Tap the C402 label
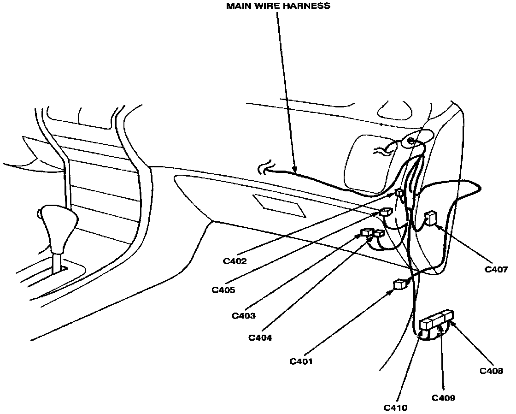click(x=235, y=261)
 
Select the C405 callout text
click(x=223, y=290)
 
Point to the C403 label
click(x=244, y=316)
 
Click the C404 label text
click(x=260, y=338)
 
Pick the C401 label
click(x=301, y=361)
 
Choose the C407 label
click(x=496, y=269)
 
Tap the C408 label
click(x=492, y=371)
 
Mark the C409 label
click(x=444, y=397)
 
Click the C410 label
click(x=396, y=408)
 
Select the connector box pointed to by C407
click(x=431, y=218)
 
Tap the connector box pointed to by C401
click(x=399, y=284)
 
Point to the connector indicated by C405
click(x=385, y=213)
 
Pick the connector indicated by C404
click(x=379, y=234)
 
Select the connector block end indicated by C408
click(x=448, y=316)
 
